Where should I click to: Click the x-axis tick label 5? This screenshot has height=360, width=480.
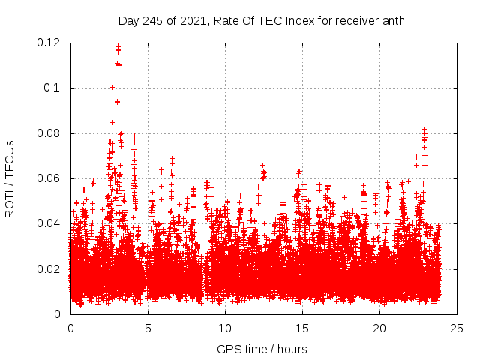click(x=148, y=328)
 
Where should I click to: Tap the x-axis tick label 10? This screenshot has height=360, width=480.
click(x=225, y=328)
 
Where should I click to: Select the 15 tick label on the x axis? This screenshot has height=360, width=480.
click(x=302, y=328)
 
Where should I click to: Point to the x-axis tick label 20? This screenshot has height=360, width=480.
click(x=379, y=328)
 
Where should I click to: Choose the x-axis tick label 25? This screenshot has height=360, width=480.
click(x=457, y=328)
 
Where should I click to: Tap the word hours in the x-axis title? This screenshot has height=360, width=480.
click(x=291, y=349)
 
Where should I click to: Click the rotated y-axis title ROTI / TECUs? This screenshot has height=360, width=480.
click(x=10, y=178)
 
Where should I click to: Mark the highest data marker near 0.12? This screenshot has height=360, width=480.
click(x=118, y=46)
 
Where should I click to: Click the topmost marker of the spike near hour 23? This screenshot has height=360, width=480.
click(x=424, y=130)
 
